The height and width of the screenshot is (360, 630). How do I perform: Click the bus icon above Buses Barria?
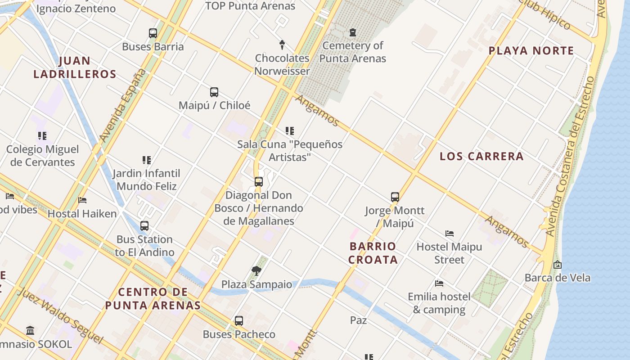[153, 33]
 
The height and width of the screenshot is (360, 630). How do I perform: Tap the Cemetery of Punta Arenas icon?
[352, 32]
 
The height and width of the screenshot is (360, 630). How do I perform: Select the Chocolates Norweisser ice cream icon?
[282, 45]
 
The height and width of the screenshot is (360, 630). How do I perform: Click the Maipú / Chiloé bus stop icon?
[214, 92]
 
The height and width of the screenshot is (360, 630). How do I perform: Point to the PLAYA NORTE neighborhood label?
[531, 50]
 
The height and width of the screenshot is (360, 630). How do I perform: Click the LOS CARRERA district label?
[481, 156]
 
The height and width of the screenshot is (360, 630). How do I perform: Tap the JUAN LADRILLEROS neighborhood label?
[75, 67]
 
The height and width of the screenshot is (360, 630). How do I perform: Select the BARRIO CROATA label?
[373, 253]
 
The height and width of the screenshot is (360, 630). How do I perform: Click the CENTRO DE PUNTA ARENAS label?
[153, 298]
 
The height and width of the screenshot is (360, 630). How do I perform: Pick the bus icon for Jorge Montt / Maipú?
[395, 197]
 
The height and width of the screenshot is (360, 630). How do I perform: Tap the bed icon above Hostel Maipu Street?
[449, 234]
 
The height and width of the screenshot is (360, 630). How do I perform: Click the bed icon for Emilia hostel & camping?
[439, 283]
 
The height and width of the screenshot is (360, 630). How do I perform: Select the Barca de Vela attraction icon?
[558, 265]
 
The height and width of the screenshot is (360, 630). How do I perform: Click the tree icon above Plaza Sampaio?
[256, 271]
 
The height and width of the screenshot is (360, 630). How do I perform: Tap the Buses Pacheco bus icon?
[239, 321]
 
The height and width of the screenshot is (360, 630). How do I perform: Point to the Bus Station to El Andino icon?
[144, 226]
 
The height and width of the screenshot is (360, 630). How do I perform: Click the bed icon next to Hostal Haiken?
[82, 200]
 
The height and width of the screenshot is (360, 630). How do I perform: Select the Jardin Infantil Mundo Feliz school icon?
[146, 160]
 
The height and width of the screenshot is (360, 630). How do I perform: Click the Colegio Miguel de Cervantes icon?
[42, 136]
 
